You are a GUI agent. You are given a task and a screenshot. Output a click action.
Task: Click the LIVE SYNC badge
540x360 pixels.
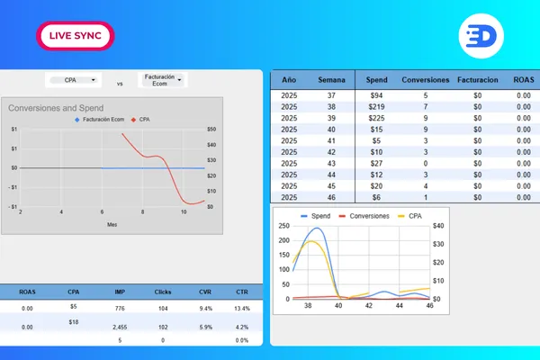point(76,35)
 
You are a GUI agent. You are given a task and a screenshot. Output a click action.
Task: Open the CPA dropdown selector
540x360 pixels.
point(74,80)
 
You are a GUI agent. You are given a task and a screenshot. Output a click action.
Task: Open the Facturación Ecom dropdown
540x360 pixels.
point(163,80)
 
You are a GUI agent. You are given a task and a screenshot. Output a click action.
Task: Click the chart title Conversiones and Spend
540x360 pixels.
point(56,108)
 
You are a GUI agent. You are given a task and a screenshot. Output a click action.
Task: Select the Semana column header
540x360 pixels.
point(331,79)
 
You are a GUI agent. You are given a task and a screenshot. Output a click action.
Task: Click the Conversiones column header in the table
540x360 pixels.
point(426,79)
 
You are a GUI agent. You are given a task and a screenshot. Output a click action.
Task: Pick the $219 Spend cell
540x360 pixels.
point(376,106)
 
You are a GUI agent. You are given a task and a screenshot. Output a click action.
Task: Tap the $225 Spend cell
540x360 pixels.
point(376,118)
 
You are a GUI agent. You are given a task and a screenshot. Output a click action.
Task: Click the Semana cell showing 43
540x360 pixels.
point(331,164)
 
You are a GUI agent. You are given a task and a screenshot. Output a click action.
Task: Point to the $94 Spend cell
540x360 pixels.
point(376,94)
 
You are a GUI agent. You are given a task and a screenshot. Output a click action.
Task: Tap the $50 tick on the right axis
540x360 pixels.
point(211,129)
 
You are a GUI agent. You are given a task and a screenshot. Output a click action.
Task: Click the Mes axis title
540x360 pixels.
point(112,224)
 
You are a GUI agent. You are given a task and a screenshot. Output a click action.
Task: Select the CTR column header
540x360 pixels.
point(240,292)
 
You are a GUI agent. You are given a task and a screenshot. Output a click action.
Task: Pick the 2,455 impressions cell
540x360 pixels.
point(120,328)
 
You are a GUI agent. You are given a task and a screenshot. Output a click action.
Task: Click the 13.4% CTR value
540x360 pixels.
point(240,309)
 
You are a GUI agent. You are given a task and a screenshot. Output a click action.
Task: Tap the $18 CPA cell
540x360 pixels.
point(74,321)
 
